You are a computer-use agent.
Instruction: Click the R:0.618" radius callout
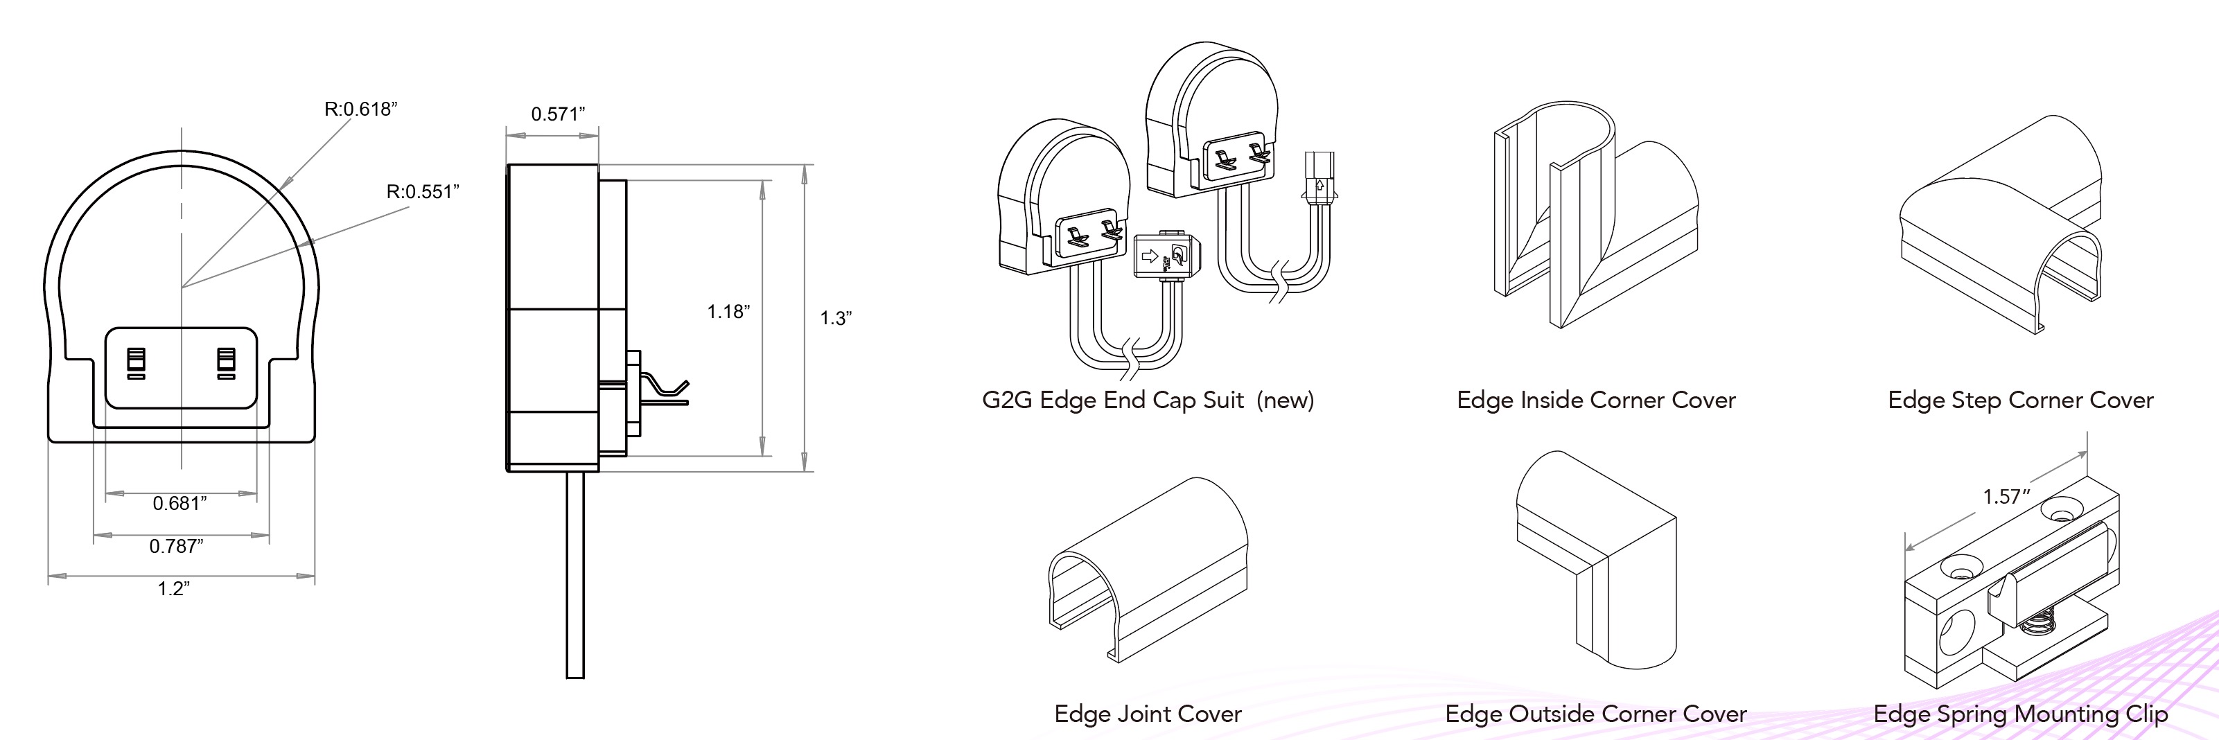pyautogui.click(x=360, y=109)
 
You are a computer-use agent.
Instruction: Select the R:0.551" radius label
pyautogui.click(x=422, y=191)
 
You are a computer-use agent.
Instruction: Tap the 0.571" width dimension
pyautogui.click(x=557, y=114)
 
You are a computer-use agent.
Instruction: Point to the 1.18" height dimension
pyautogui.click(x=728, y=311)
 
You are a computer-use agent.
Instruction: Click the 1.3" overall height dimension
pyautogui.click(x=834, y=318)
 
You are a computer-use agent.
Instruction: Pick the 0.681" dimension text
pyautogui.click(x=180, y=503)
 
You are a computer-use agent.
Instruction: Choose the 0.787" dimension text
pyautogui.click(x=177, y=545)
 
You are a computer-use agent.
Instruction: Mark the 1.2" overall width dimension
pyautogui.click(x=173, y=588)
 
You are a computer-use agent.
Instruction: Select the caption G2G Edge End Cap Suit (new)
pyautogui.click(x=1148, y=400)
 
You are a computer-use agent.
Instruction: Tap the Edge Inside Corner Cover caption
pyautogui.click(x=1595, y=400)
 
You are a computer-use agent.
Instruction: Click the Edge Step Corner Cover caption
pyautogui.click(x=2020, y=400)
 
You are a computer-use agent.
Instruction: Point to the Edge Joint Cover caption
pyautogui.click(x=1148, y=714)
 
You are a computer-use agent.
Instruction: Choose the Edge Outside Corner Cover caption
pyautogui.click(x=1595, y=714)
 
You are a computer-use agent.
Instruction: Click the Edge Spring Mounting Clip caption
pyautogui.click(x=2020, y=714)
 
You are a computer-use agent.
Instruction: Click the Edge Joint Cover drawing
pyautogui.click(x=1148, y=569)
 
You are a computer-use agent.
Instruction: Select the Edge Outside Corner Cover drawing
pyautogui.click(x=1595, y=569)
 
